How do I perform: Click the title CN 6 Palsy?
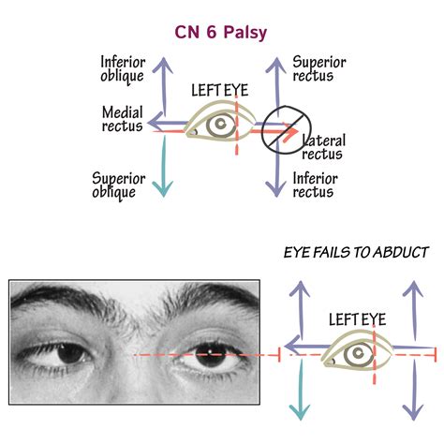pyautogui.click(x=222, y=33)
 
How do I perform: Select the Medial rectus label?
pyautogui.click(x=123, y=119)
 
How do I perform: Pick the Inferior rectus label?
pyautogui.click(x=315, y=185)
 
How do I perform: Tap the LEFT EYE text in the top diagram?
pyautogui.click(x=220, y=92)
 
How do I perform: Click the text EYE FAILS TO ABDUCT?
pyautogui.click(x=356, y=252)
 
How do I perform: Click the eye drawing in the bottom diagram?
pyautogui.click(x=355, y=352)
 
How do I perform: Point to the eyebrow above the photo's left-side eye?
pyautogui.click(x=70, y=309)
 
